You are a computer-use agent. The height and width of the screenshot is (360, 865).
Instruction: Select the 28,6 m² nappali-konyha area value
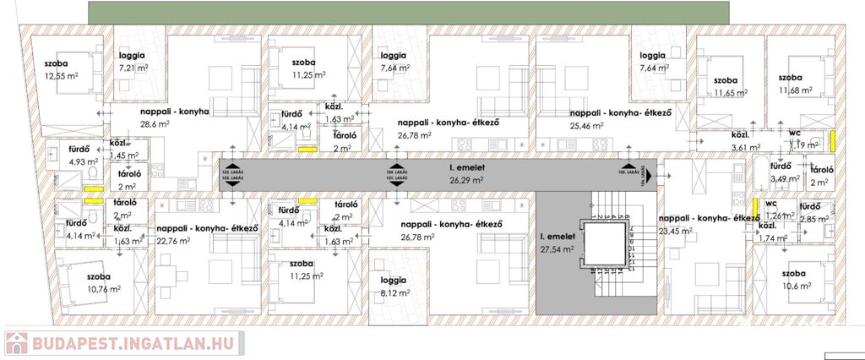click(x=155, y=123)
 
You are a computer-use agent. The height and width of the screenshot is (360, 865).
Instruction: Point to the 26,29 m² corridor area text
click(x=466, y=179)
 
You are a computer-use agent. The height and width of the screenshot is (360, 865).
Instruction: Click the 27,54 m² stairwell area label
click(x=558, y=249)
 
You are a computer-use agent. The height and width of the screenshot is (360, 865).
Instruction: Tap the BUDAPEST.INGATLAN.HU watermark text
click(x=136, y=344)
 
